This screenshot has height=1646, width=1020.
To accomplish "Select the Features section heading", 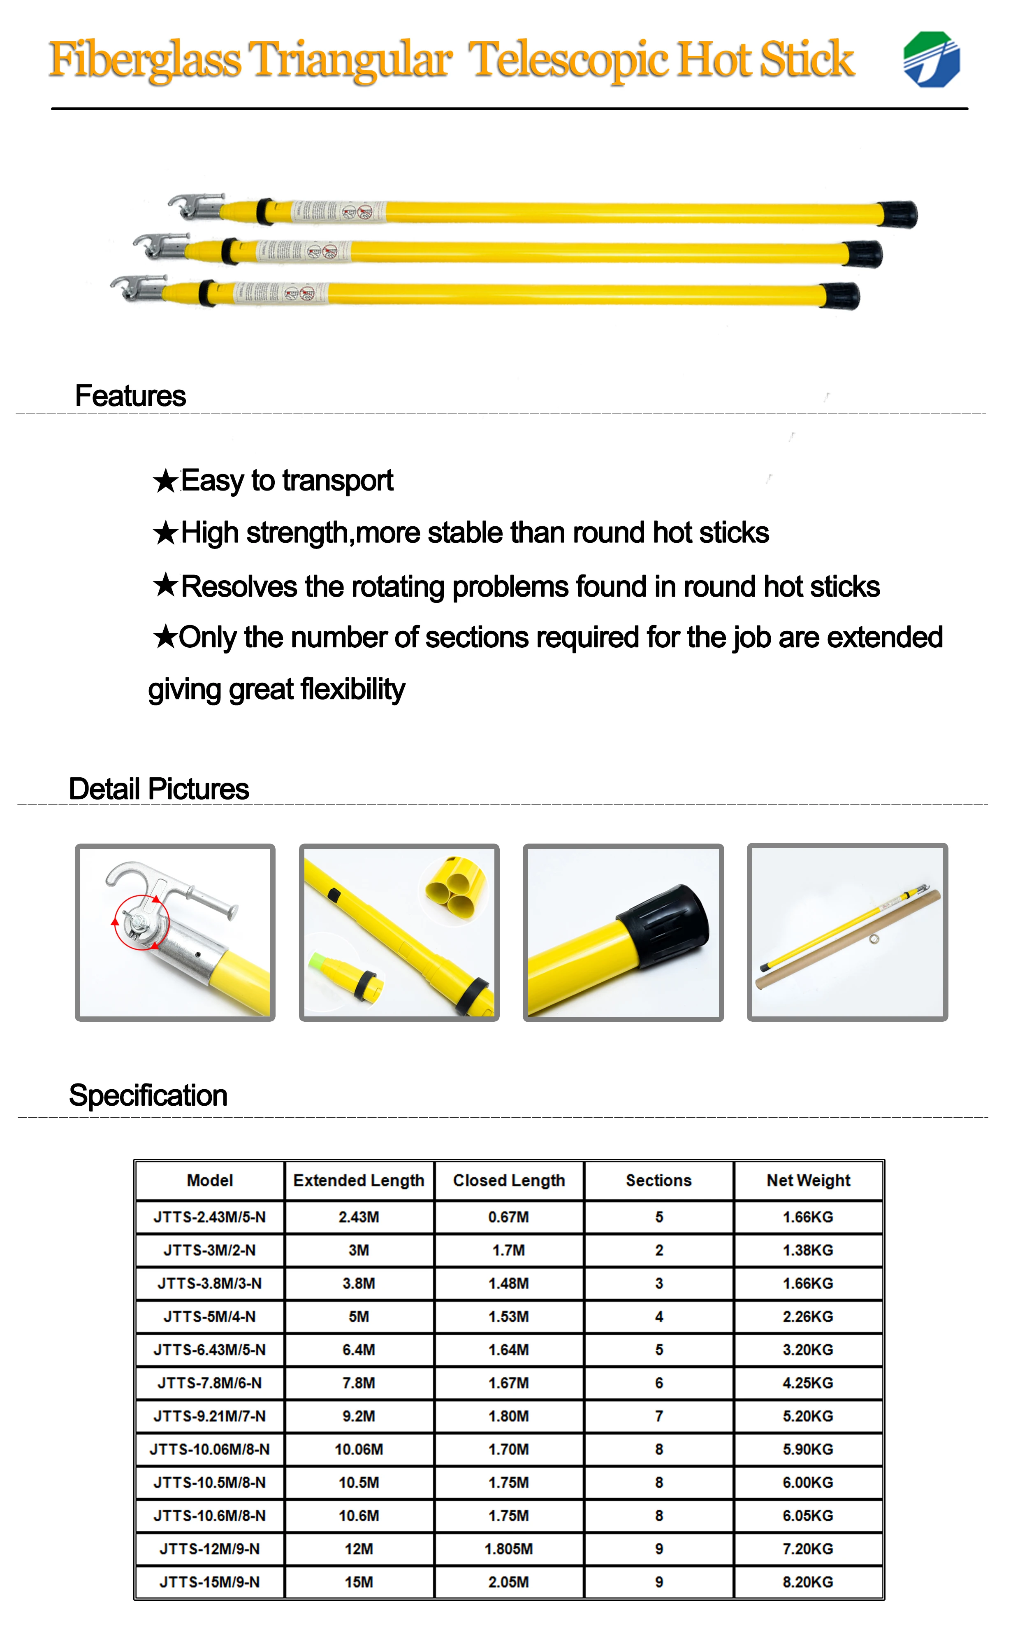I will pyautogui.click(x=130, y=396).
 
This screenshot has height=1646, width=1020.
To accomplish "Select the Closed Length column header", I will pyautogui.click(x=509, y=1180).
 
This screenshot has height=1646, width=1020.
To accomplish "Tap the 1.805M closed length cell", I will pyautogui.click(x=509, y=1549).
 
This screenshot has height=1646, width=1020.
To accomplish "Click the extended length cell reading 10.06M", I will pyautogui.click(x=359, y=1450).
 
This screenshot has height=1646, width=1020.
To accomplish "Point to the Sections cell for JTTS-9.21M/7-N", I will pyautogui.click(x=658, y=1416).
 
